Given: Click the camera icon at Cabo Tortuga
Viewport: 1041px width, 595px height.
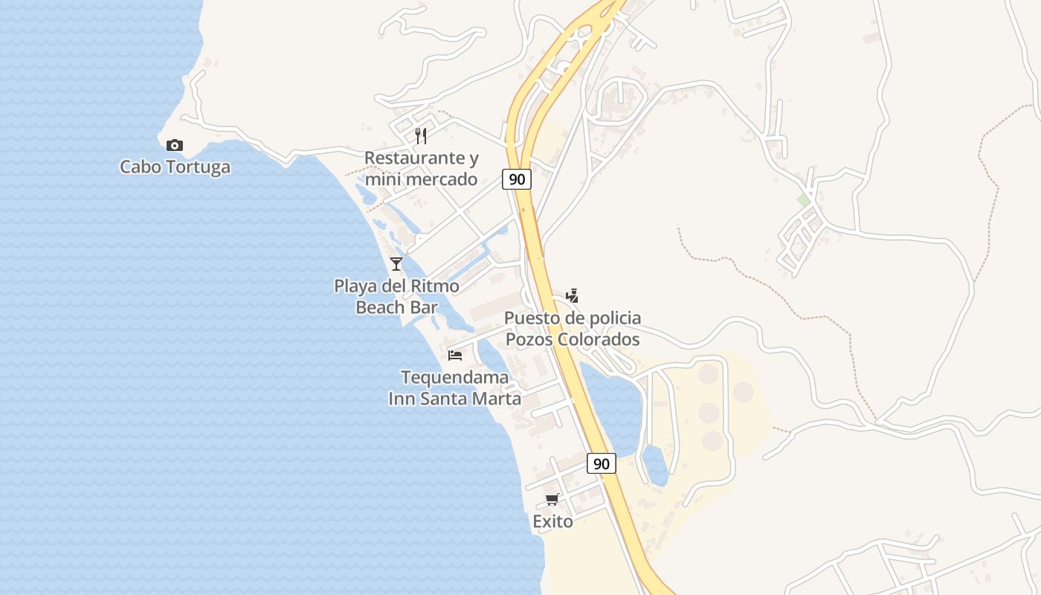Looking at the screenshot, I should [x=175, y=145].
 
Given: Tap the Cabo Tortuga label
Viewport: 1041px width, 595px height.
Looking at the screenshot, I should [x=175, y=167].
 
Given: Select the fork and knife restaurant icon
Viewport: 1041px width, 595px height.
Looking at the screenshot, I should [x=421, y=135].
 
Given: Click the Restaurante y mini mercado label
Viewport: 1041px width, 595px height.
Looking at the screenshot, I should [x=421, y=169].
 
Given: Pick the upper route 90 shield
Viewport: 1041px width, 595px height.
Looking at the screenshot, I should [x=516, y=179].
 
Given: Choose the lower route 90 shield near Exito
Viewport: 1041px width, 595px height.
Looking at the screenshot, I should [x=602, y=463].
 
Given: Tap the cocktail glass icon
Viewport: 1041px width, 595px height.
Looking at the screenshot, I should [x=396, y=263].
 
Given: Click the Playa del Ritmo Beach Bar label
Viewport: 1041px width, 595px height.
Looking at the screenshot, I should [x=396, y=297].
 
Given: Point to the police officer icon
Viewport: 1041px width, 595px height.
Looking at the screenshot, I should [x=572, y=295].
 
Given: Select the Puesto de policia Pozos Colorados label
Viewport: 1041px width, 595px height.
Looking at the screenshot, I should [x=572, y=329].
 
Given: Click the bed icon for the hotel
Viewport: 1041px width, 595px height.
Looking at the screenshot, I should [x=455, y=355].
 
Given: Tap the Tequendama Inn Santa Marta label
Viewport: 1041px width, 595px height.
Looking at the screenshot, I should [x=455, y=387].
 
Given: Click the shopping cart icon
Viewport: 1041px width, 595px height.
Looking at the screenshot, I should [x=552, y=499].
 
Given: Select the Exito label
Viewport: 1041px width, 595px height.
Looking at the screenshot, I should [x=552, y=522].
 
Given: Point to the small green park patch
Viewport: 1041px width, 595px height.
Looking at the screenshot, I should [x=803, y=199].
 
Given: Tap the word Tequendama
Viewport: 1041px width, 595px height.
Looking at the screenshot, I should [x=455, y=377].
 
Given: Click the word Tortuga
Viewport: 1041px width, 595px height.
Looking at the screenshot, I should [x=199, y=167].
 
